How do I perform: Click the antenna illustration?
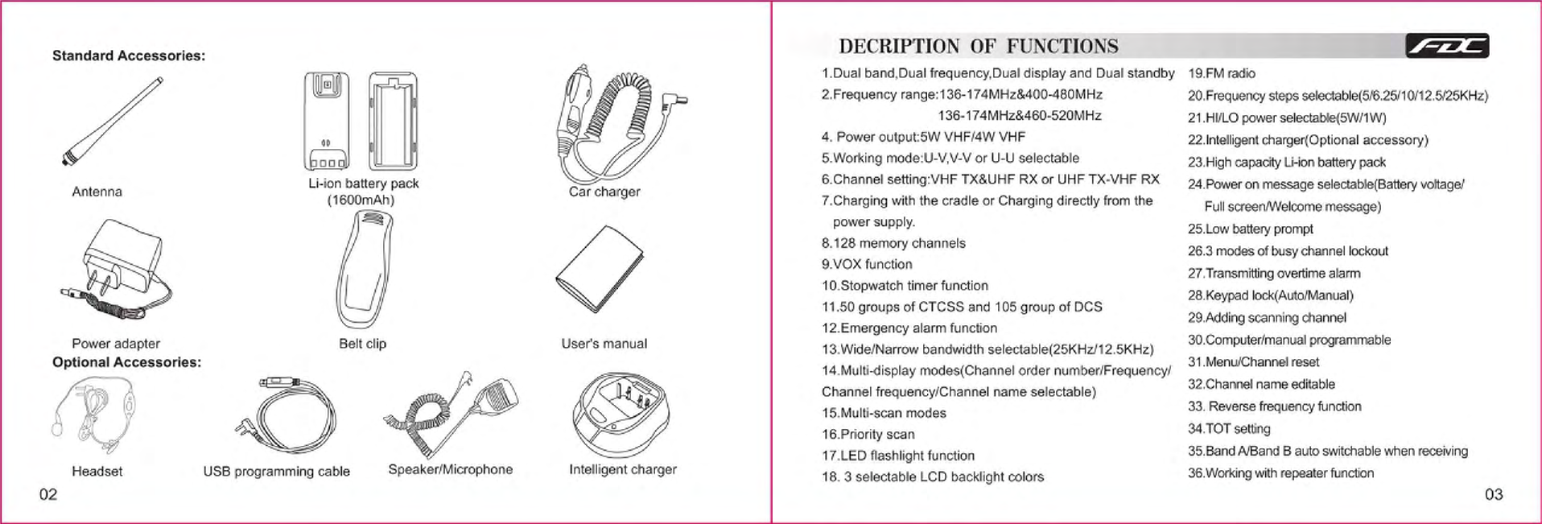(113, 122)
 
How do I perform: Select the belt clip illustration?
(365, 271)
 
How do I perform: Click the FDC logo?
(1447, 47)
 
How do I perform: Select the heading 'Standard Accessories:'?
(129, 56)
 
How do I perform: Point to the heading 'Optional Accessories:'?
(126, 362)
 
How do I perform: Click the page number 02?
(48, 494)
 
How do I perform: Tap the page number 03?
(1494, 494)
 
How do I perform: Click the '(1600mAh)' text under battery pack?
(361, 200)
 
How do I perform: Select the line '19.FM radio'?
(1222, 73)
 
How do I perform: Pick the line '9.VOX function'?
(867, 264)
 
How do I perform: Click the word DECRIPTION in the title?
(899, 47)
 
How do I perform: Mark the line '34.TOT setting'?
(1229, 429)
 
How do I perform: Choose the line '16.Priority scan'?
(868, 435)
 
